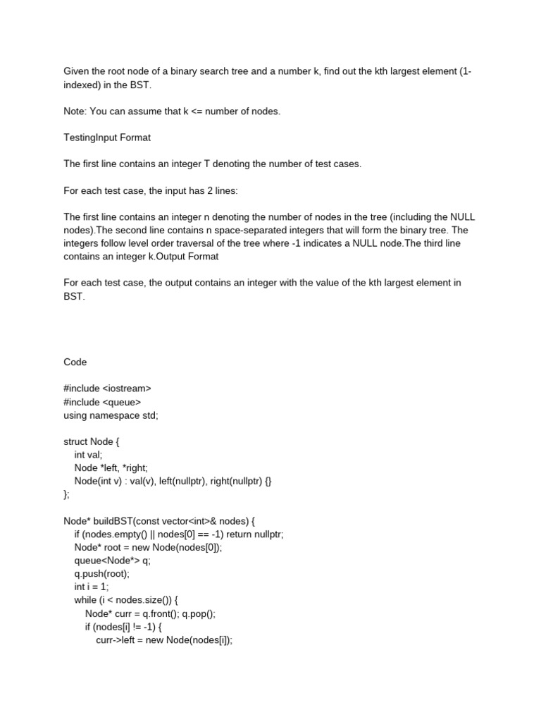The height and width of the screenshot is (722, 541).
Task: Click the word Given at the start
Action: (x=77, y=71)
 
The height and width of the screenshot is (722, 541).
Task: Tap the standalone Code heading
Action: (x=75, y=362)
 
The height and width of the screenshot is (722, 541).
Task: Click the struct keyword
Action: (x=76, y=442)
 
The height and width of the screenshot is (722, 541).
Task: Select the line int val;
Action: (x=89, y=455)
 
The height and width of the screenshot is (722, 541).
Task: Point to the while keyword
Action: (x=85, y=600)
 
